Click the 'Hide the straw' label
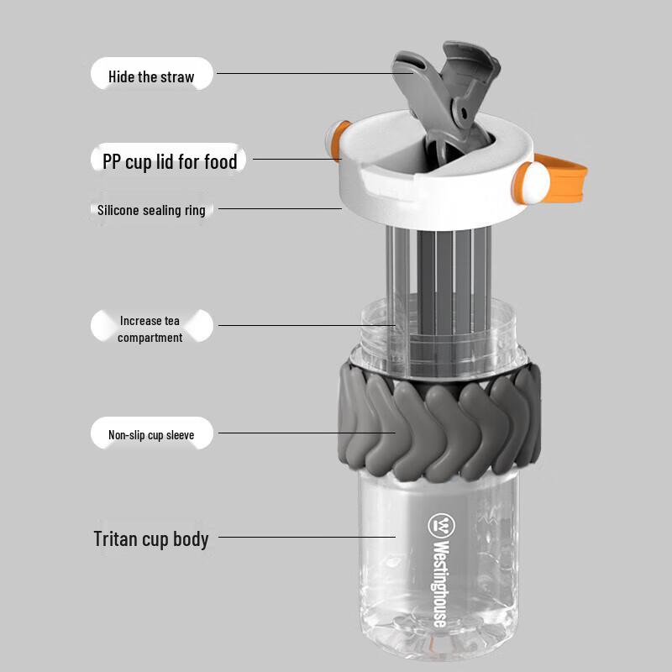151,76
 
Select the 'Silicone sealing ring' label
151,210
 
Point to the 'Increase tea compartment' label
150,328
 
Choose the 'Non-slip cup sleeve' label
151,435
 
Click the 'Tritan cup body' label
151,538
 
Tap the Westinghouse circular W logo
440,525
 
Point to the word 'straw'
177,76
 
